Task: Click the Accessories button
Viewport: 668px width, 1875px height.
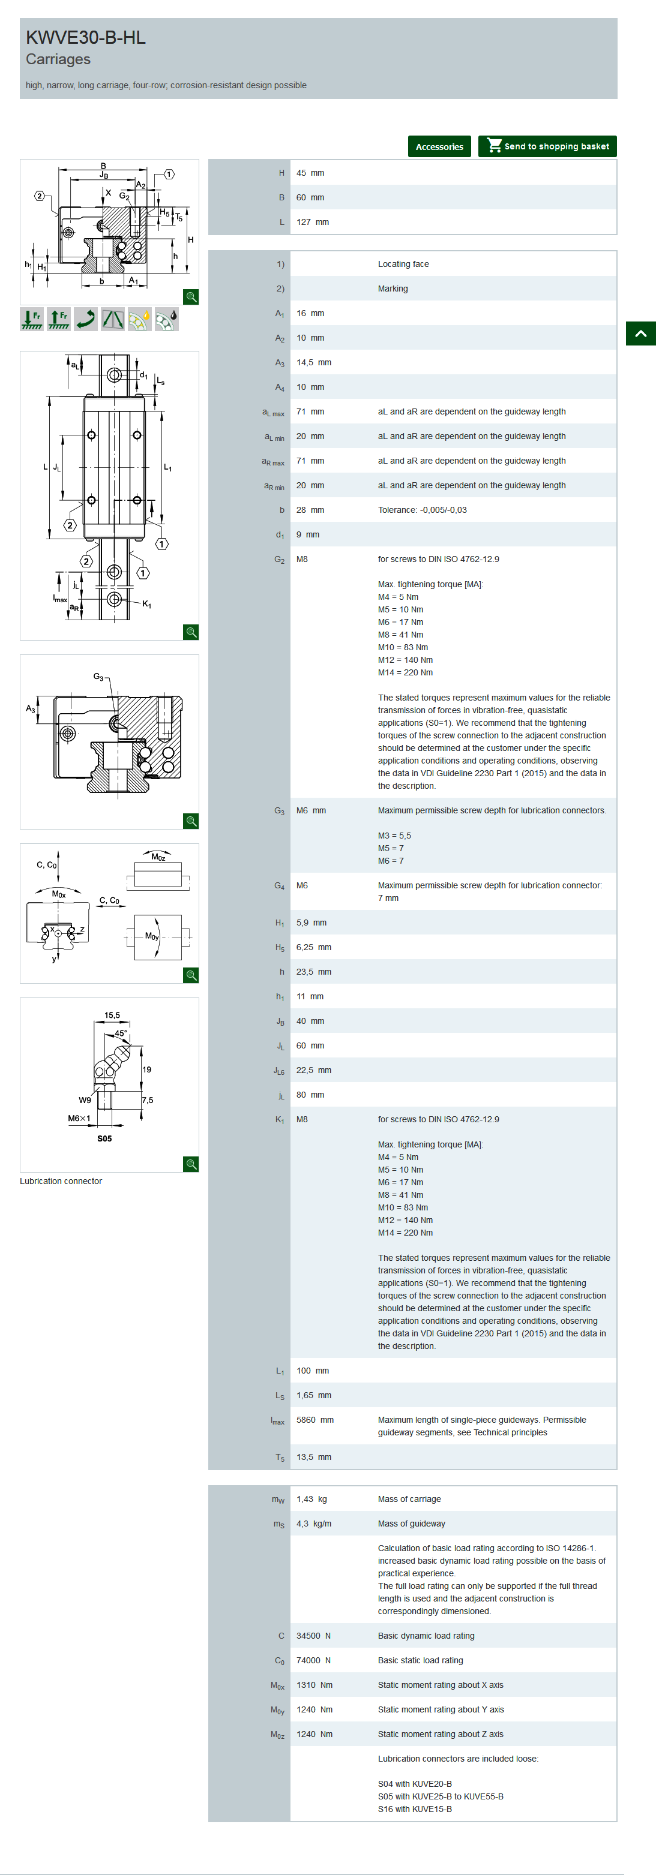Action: click(x=439, y=146)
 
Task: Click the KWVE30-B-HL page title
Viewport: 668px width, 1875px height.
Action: click(x=86, y=37)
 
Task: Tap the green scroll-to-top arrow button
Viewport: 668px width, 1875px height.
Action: click(x=640, y=333)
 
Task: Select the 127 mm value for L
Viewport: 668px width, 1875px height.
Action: click(x=313, y=222)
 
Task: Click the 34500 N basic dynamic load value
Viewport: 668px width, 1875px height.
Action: click(x=313, y=1636)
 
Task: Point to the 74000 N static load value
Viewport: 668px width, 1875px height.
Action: click(x=313, y=1660)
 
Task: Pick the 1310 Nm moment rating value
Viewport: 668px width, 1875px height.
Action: click(x=314, y=1685)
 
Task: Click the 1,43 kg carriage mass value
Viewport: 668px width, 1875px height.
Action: click(x=311, y=1499)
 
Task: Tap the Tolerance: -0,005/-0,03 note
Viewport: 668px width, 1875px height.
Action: click(x=423, y=510)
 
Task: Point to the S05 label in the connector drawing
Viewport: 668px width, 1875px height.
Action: click(x=105, y=1138)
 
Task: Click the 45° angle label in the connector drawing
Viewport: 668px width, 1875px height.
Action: click(x=121, y=1033)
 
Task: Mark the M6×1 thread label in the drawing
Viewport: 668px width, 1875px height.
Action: click(x=79, y=1118)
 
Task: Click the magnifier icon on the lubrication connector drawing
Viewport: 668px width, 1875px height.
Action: click(x=191, y=1164)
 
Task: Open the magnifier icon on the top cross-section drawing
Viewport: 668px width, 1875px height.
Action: click(x=191, y=296)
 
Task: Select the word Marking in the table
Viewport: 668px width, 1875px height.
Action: click(x=393, y=289)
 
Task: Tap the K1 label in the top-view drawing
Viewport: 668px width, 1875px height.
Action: click(x=147, y=604)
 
